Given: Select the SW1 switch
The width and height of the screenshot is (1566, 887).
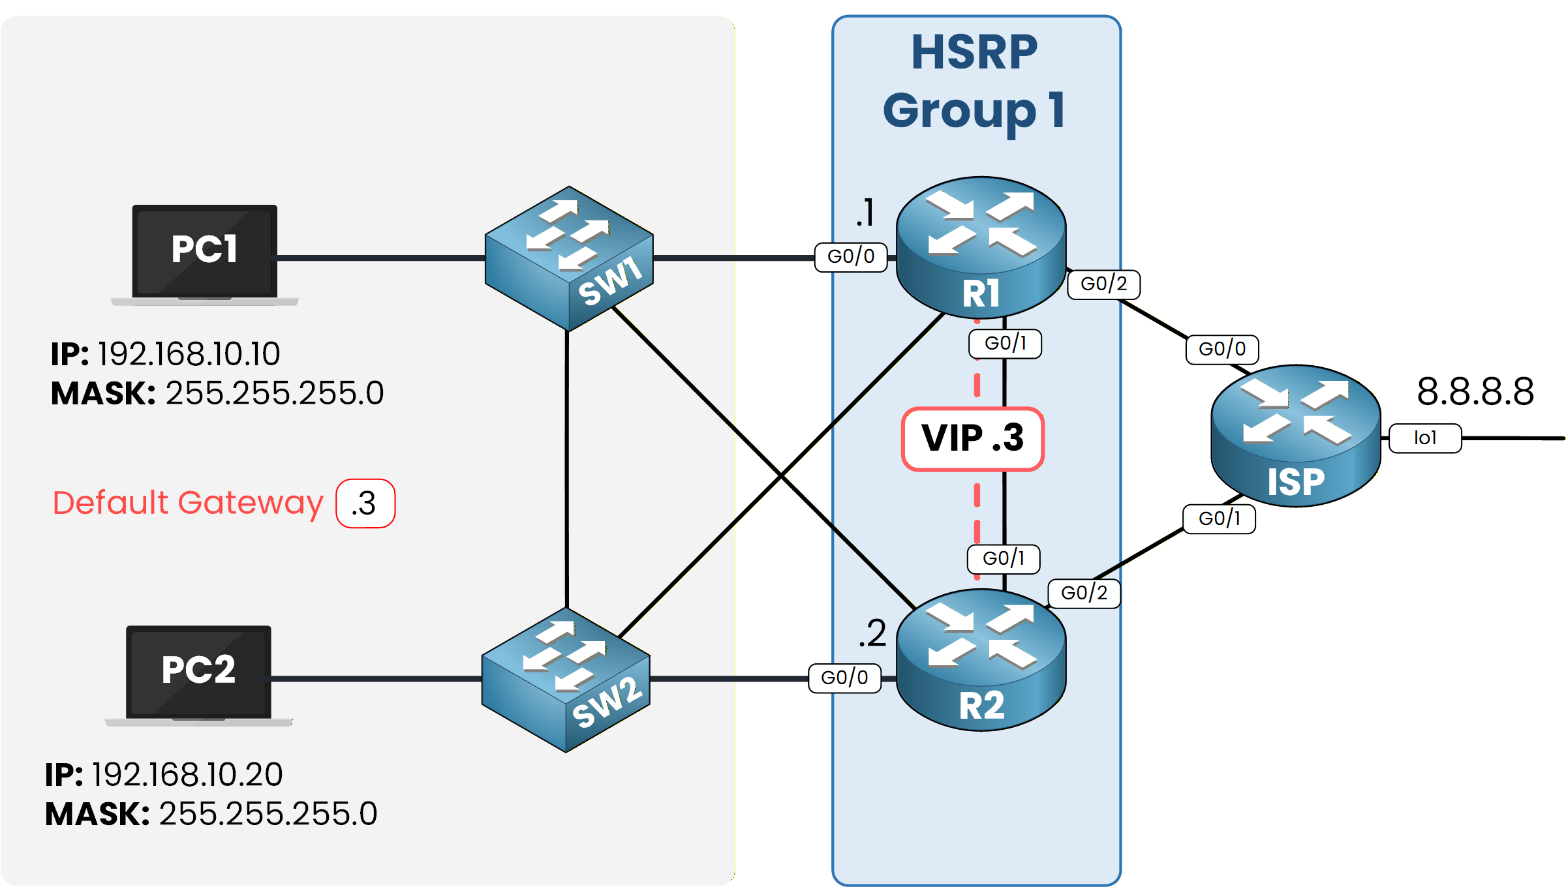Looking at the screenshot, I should [x=569, y=258].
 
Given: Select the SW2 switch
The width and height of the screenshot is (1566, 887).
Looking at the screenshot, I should [x=566, y=680].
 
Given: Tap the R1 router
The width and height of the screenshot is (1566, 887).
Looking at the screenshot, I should [x=981, y=248].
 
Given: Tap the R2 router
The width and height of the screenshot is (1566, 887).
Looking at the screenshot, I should [x=981, y=660].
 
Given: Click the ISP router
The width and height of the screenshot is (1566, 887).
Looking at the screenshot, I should [x=1295, y=436].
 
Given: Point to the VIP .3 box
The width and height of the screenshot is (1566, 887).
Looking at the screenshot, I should [x=973, y=438].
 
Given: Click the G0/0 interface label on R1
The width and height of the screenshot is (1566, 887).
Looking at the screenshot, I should [x=851, y=257].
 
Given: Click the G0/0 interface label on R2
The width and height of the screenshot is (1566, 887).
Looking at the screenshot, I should [x=844, y=678].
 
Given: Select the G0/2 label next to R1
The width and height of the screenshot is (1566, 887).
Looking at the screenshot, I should [x=1103, y=284].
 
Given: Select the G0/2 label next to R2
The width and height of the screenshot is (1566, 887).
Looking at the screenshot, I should [x=1084, y=594].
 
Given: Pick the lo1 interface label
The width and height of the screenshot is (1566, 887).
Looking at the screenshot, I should [x=1425, y=438].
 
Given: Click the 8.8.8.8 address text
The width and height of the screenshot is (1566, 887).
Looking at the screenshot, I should [x=1475, y=392].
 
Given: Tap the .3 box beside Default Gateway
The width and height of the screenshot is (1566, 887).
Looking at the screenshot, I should [x=365, y=504].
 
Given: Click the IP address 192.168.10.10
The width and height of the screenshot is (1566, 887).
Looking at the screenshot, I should [x=189, y=354].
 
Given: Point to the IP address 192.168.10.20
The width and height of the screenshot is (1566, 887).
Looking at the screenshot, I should [x=187, y=775].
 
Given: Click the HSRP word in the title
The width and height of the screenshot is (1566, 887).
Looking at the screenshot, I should [x=974, y=53].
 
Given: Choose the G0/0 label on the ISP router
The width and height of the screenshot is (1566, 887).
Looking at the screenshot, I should [x=1222, y=350].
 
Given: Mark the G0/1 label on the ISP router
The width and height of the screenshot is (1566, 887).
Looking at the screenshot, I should [x=1219, y=519].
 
